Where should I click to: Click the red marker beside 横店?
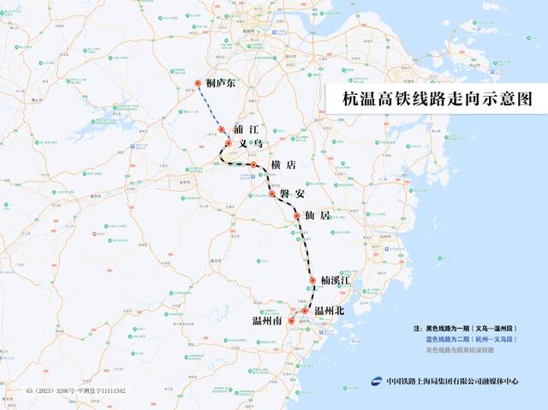[x=254, y=164]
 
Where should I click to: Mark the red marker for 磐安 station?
[x=272, y=194]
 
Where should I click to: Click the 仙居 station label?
[x=317, y=217]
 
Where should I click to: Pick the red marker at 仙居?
[x=297, y=217]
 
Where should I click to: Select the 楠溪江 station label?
[x=337, y=280]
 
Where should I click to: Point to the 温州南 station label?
[x=267, y=321]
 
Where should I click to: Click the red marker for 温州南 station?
[x=291, y=321]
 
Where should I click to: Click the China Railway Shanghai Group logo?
[x=378, y=382]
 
